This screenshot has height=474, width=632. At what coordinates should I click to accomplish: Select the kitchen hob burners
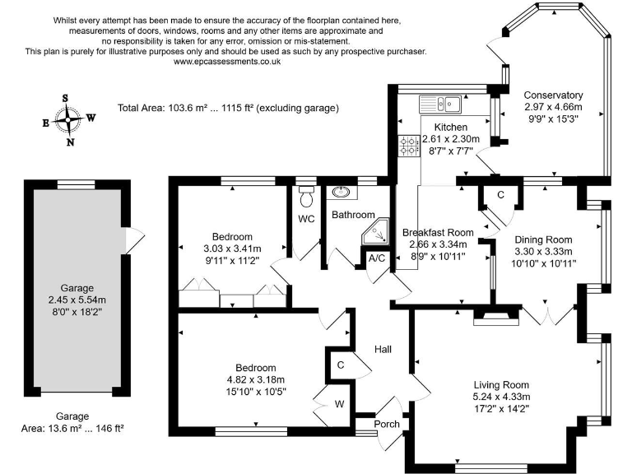point(409,146)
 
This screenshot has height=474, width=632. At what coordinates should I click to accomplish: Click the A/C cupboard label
point(378,258)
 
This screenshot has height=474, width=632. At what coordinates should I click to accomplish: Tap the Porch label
point(386,424)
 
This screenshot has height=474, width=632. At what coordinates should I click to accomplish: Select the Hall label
point(383,350)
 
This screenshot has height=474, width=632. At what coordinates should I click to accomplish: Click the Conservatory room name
point(553,95)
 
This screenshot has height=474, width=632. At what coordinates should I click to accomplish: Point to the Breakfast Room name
point(437,233)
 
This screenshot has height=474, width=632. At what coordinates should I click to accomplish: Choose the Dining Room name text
point(542,239)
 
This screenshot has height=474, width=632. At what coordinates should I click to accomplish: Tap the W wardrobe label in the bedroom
point(338,403)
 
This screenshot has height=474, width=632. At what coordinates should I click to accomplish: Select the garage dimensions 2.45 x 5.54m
point(74,301)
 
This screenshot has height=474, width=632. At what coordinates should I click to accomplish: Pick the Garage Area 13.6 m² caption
point(73,428)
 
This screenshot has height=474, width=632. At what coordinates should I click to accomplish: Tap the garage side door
point(129,239)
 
